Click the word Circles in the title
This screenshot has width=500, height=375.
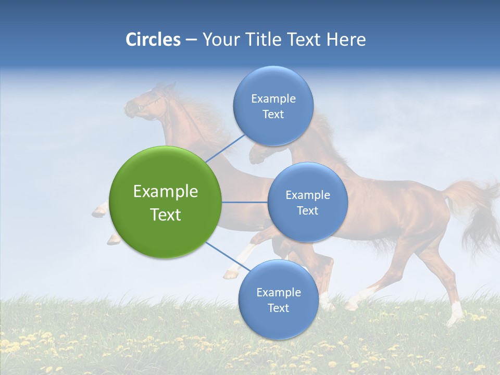pos(153,40)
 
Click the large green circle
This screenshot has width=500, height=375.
pos(166,202)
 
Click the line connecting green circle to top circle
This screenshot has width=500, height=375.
pos(225,147)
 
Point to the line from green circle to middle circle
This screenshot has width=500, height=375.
pos(244,202)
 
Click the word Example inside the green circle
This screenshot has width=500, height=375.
pos(166,191)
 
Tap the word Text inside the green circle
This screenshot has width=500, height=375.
pos(166,215)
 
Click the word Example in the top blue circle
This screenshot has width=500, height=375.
pos(273,98)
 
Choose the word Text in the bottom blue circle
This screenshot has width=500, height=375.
pos(278,308)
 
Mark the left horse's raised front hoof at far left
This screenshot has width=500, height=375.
pos(99,211)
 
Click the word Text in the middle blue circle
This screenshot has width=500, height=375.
pos(307,210)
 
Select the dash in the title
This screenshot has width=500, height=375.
pos(191,40)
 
